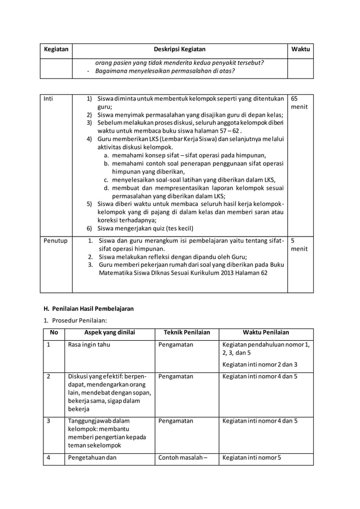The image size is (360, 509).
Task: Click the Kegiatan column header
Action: coord(56,50)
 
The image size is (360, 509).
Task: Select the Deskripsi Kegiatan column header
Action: coord(180,50)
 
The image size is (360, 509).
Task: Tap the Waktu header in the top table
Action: coord(300,50)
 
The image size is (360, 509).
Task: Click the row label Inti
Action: coord(50,98)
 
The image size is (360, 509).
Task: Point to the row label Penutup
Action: coord(56,241)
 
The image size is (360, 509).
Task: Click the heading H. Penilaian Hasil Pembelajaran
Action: coord(89,309)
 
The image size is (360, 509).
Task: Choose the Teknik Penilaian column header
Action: coord(186,332)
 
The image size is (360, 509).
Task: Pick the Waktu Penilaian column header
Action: coord(265,332)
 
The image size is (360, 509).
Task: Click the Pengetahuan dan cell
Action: coord(92,458)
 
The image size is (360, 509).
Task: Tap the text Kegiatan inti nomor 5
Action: coord(252,458)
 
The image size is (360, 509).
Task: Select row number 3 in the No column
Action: coord(49,420)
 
